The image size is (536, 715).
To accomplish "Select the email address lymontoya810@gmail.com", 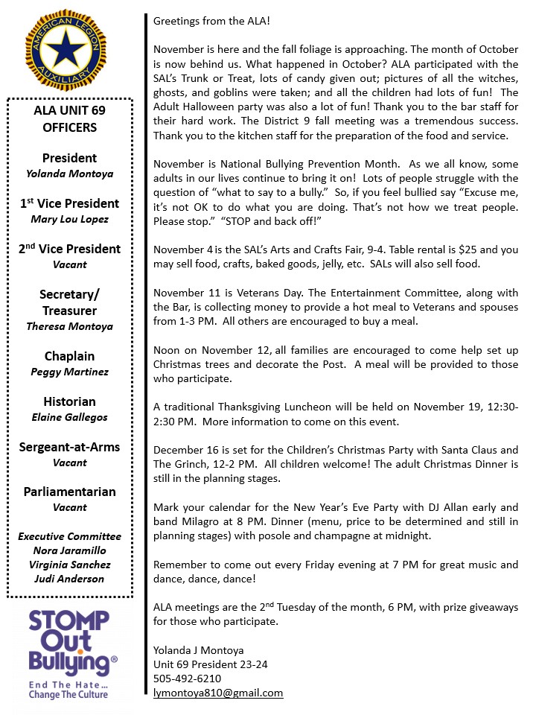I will click(x=218, y=693).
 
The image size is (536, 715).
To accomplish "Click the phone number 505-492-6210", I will click(x=187, y=679).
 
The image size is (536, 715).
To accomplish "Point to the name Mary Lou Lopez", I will click(x=69, y=219).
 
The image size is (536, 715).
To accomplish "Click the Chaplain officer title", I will click(x=69, y=356).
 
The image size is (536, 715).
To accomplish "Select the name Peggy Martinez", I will click(x=69, y=372).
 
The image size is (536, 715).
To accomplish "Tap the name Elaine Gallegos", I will click(x=69, y=417).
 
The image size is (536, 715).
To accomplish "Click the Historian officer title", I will click(x=69, y=401).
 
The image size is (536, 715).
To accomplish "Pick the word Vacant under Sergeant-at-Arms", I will click(x=69, y=463).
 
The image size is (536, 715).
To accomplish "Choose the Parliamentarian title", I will click(x=69, y=492).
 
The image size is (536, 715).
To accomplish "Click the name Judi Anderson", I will click(x=69, y=579).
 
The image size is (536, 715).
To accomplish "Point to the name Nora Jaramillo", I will click(x=69, y=550).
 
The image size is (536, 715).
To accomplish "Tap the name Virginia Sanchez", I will click(x=69, y=565).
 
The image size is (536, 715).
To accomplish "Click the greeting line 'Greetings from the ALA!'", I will click(x=210, y=22).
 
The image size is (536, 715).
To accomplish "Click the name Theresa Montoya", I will click(x=69, y=326).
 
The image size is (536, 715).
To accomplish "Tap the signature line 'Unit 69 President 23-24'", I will click(x=210, y=664).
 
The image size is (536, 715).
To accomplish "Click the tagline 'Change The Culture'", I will click(x=68, y=694).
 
